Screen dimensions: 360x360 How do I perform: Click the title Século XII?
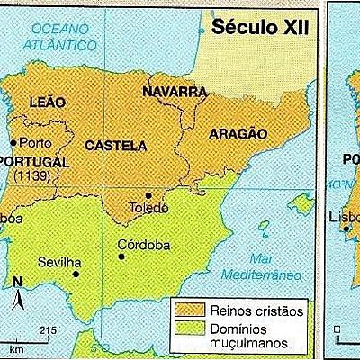point(260,27)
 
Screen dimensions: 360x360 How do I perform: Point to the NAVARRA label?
point(175,91)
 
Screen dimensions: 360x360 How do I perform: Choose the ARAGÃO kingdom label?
point(238,133)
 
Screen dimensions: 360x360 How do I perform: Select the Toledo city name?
point(149,208)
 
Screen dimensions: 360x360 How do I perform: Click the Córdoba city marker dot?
point(121,256)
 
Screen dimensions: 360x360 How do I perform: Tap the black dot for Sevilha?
point(76,274)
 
